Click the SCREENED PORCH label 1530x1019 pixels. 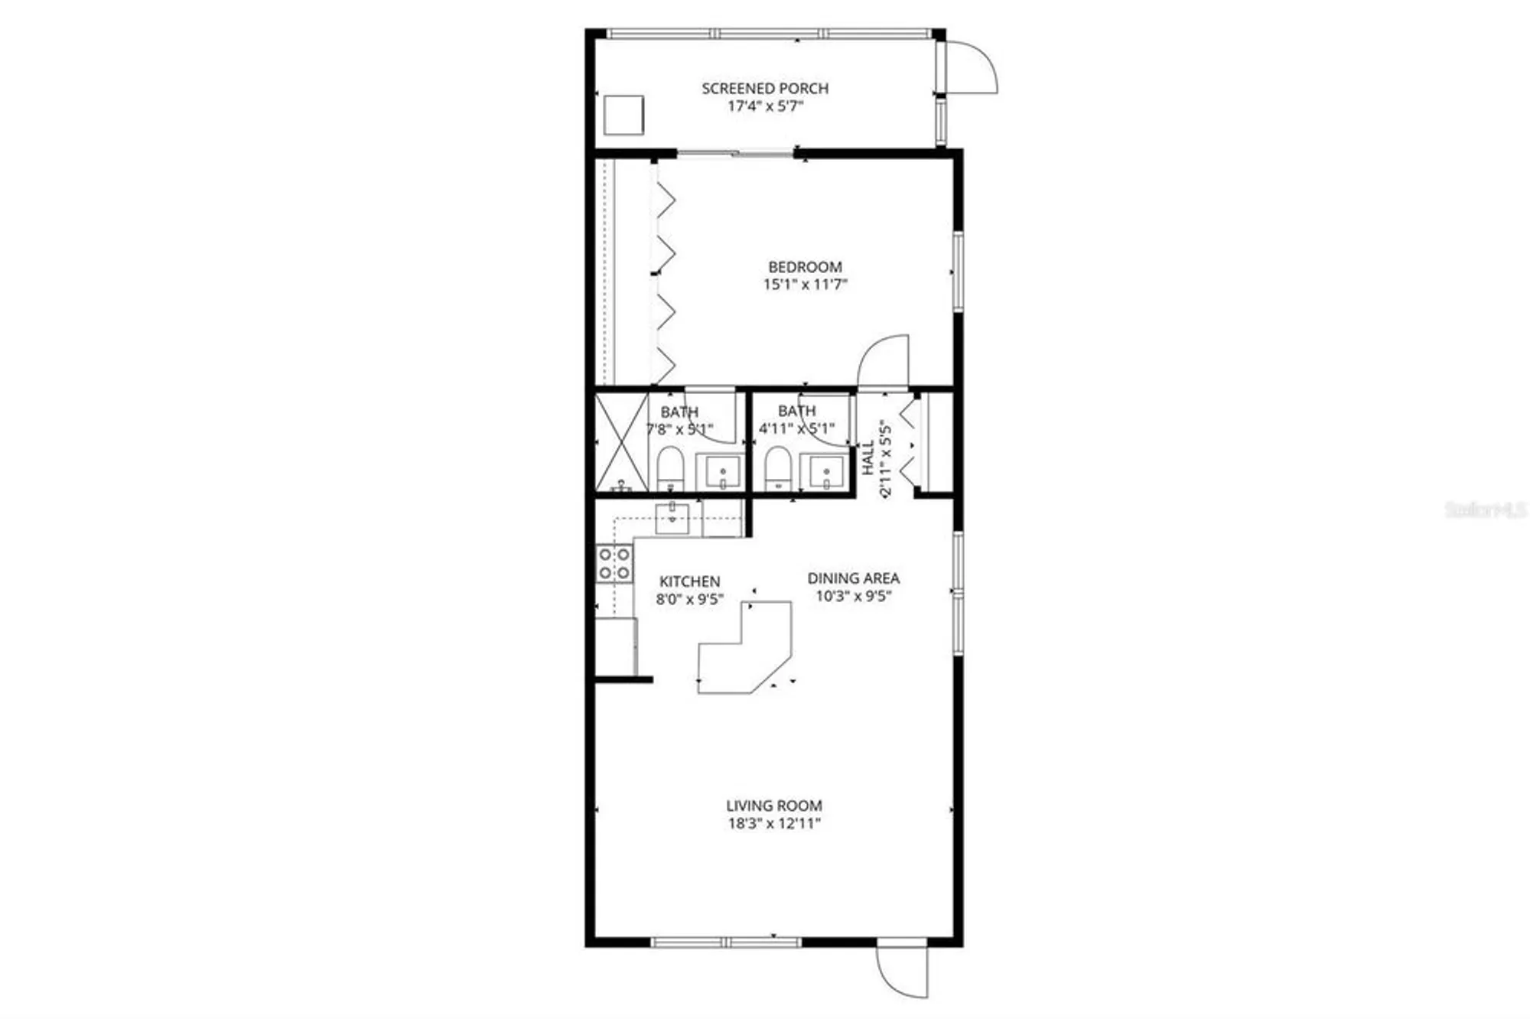[765, 88]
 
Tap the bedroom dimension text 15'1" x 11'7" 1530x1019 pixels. [805, 285]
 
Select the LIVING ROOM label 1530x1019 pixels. [773, 806]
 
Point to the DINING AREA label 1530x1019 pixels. [853, 578]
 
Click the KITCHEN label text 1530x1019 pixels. [689, 581]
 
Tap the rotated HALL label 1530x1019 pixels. [868, 457]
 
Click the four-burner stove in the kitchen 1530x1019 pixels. [615, 563]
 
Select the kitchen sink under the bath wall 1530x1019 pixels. [672, 519]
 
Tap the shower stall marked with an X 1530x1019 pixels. [621, 441]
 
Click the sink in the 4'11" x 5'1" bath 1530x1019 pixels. [826, 472]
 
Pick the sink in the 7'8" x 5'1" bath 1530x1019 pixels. [722, 472]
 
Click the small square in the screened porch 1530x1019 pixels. [623, 115]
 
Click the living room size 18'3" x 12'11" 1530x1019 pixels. [773, 824]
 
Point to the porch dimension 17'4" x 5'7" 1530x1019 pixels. [765, 106]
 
